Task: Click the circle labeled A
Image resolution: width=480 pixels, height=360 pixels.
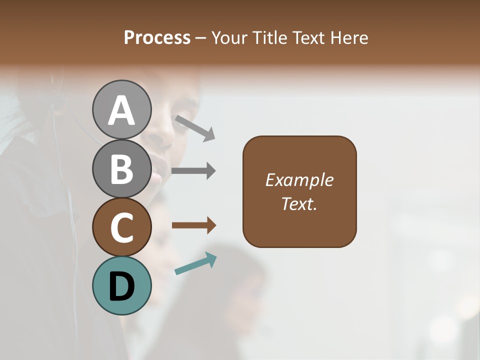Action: coord(121,109)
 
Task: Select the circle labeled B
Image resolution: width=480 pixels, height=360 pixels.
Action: coord(121,168)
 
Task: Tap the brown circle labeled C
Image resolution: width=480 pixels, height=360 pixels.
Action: coord(121,227)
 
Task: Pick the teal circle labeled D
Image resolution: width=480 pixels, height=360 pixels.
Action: coord(121,285)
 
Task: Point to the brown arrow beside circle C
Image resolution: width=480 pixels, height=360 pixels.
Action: coord(193,225)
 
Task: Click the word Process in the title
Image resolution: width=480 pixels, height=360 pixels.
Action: coord(157,37)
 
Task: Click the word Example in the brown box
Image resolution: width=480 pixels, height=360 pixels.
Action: coord(299,180)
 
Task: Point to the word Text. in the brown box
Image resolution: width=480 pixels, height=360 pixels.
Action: coord(299,204)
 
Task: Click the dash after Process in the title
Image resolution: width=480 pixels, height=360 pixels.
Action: coord(200,38)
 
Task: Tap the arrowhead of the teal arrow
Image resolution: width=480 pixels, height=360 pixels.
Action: coord(211,258)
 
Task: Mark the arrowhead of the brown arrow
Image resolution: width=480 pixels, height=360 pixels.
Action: coord(211,225)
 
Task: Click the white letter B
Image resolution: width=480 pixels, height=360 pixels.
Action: coord(121,168)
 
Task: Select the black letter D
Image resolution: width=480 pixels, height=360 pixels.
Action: coord(121,287)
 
